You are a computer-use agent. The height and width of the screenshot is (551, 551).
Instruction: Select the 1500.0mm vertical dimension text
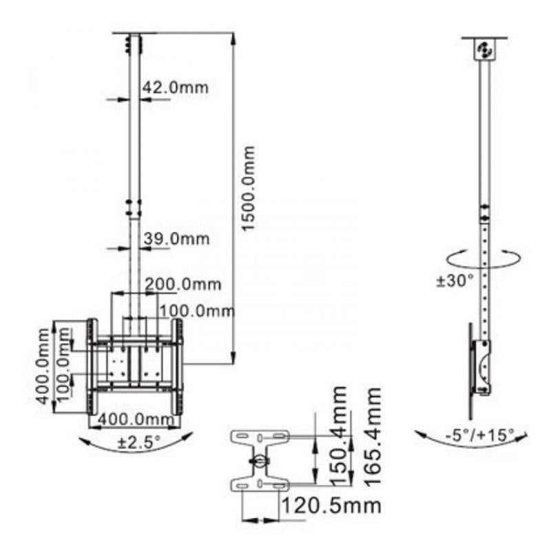pyautogui.click(x=249, y=188)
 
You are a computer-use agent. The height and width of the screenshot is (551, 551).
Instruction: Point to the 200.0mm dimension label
pyautogui.click(x=183, y=284)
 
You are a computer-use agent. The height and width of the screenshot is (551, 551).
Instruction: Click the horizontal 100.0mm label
pyautogui.click(x=197, y=311)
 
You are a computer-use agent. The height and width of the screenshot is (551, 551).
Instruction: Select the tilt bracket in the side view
pyautogui.click(x=482, y=368)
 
